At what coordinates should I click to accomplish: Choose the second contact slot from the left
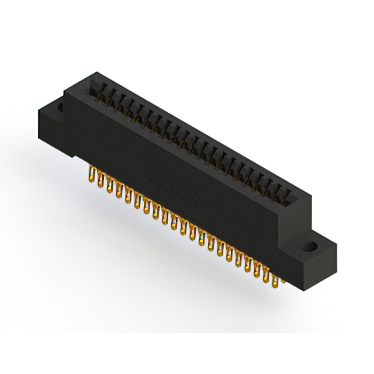pyautogui.click(x=108, y=95)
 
